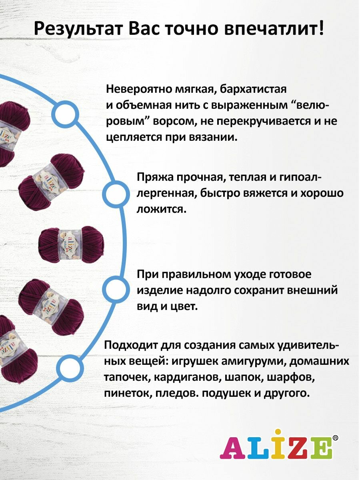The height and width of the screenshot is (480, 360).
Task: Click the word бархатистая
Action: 252,88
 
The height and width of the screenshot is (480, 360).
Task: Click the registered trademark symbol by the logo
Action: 335,438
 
